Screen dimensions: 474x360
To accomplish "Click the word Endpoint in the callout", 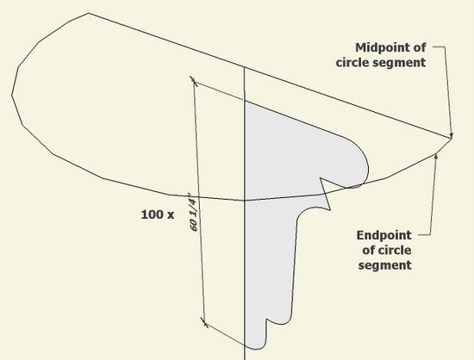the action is (384, 235).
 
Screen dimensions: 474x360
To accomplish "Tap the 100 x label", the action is (158, 214).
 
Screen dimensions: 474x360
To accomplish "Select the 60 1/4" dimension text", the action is (194, 213).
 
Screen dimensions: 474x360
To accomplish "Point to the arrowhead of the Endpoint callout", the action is (436, 156).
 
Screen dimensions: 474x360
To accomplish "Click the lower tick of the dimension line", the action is (204, 323).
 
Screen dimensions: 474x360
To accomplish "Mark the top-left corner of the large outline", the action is (88, 13).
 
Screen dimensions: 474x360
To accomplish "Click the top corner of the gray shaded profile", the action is (245, 101).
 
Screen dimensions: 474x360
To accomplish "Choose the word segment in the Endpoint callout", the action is (385, 265).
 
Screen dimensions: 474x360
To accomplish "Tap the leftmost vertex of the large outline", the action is (12, 96).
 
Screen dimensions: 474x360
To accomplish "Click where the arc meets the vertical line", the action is (245, 200).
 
